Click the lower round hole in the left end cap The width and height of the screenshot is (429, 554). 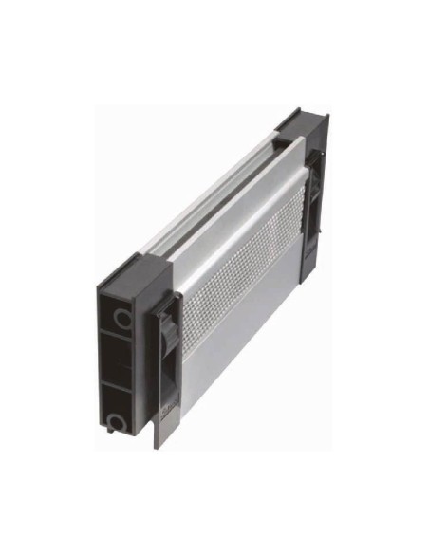click(x=117, y=418)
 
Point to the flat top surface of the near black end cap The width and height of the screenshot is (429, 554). click(x=133, y=269)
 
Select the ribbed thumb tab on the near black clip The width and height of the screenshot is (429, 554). click(x=165, y=332)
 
